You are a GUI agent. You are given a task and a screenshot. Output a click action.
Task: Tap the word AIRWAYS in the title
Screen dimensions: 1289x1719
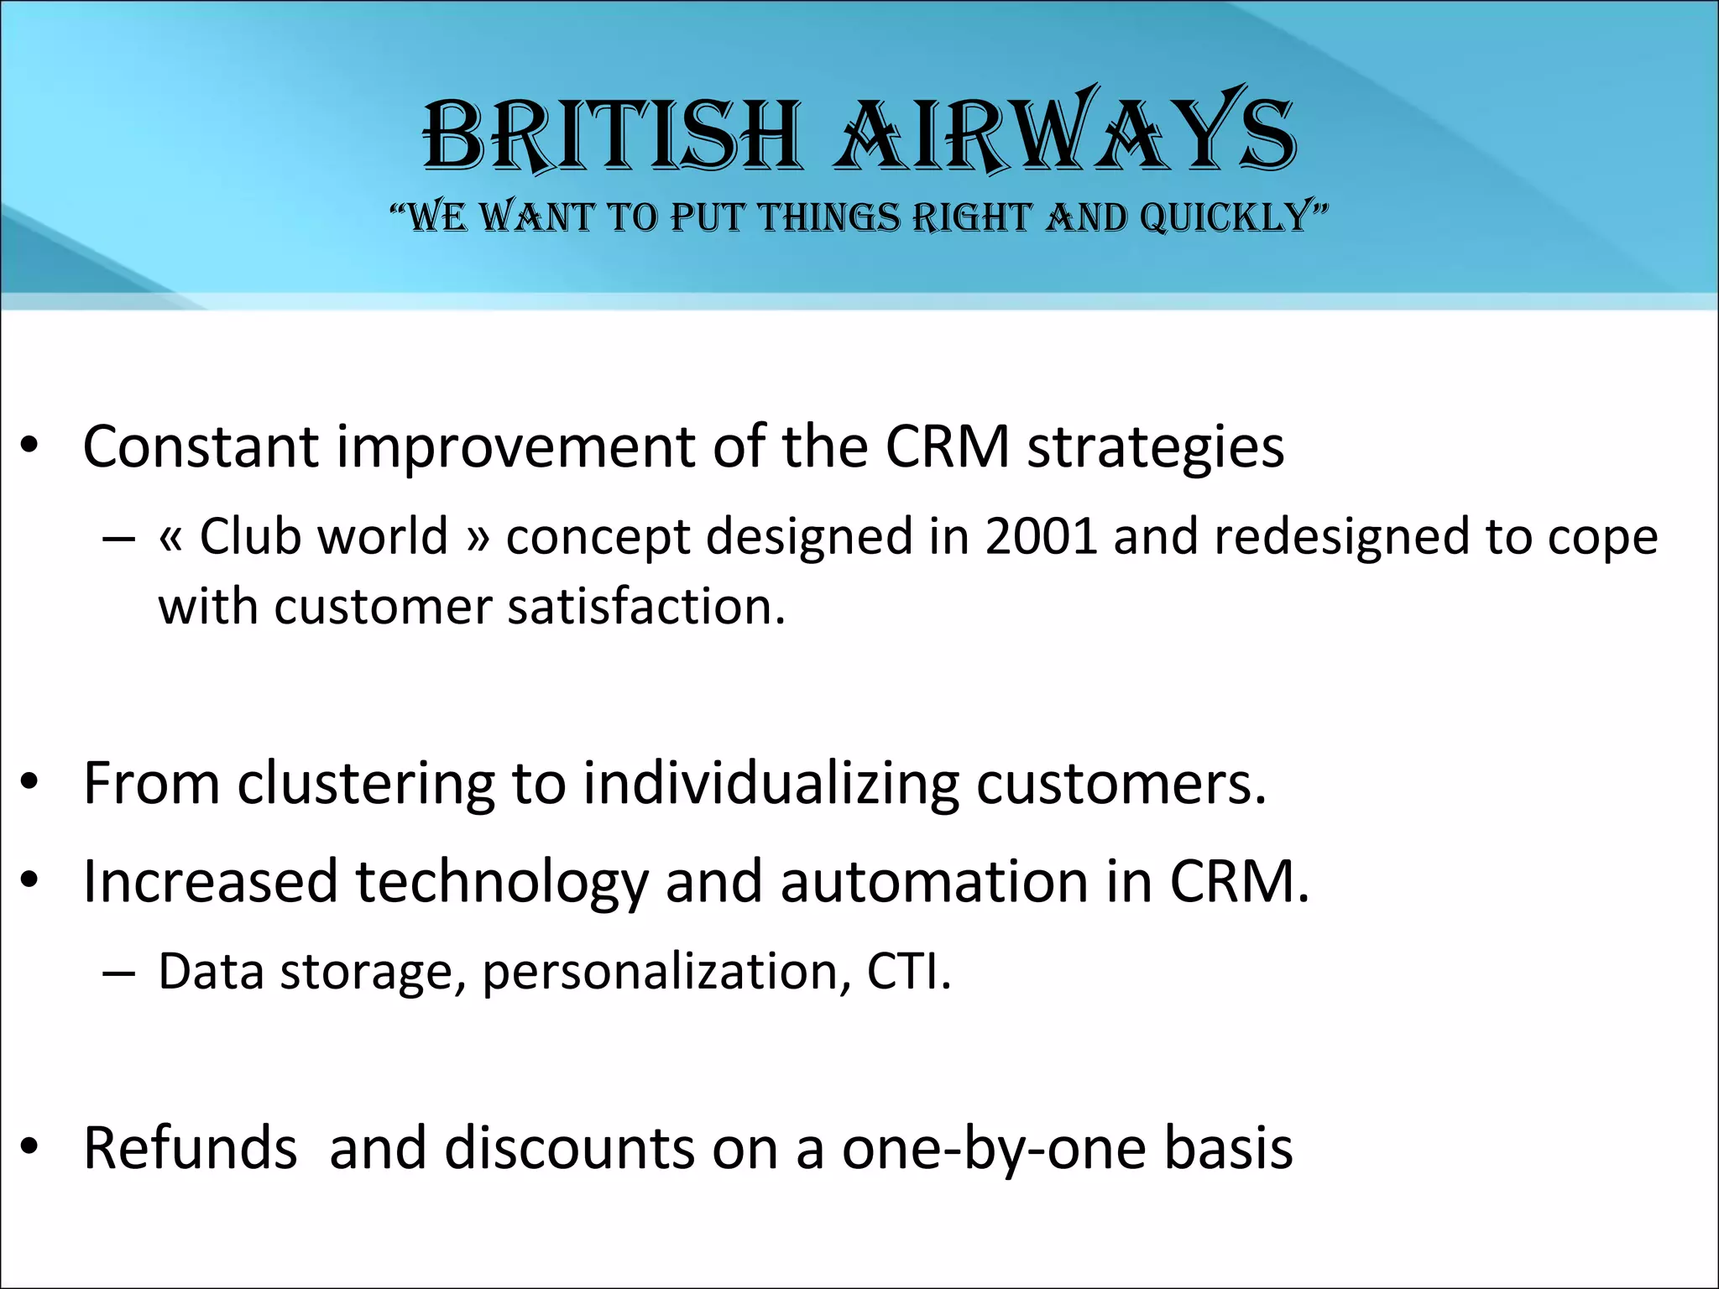click(1064, 134)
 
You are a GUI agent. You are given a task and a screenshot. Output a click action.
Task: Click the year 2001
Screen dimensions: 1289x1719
click(1041, 536)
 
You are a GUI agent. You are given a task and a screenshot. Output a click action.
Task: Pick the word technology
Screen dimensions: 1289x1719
click(502, 884)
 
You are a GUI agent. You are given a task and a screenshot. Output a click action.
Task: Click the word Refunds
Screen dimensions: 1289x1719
click(190, 1148)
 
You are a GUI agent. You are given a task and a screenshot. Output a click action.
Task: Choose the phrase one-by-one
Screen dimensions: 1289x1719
click(994, 1148)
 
